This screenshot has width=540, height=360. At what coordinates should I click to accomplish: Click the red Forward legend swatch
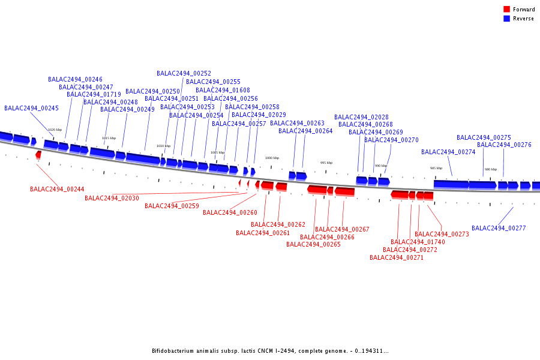(x=506, y=10)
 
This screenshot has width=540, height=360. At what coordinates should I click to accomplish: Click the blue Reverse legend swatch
(x=506, y=19)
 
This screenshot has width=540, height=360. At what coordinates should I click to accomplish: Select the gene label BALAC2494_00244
(x=57, y=189)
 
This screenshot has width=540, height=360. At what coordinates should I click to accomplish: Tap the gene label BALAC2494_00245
(x=31, y=109)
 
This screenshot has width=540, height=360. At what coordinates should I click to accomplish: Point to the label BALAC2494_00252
(x=184, y=73)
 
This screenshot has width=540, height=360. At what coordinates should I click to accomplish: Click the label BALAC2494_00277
(x=499, y=228)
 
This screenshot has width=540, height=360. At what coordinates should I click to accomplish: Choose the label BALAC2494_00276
(x=504, y=145)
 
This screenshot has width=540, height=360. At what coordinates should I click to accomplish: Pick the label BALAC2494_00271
(x=397, y=257)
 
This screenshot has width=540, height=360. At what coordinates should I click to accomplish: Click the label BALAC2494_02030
(x=112, y=198)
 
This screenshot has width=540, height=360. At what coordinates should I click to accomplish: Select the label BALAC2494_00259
(x=172, y=206)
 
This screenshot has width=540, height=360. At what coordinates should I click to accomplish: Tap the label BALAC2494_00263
(x=297, y=123)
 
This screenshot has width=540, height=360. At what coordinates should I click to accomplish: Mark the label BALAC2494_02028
(x=361, y=118)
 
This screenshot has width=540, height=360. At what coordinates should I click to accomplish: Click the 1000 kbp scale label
(x=272, y=158)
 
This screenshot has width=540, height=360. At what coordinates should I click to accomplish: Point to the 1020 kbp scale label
(x=55, y=130)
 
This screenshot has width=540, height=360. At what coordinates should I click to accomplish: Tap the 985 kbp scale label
(x=436, y=168)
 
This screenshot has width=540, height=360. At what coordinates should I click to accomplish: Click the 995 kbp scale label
(x=326, y=163)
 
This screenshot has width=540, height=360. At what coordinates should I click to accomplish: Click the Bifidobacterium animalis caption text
(x=270, y=351)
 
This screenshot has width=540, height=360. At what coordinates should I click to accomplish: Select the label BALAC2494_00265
(x=313, y=244)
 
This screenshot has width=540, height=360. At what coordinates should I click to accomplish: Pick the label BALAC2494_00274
(x=448, y=152)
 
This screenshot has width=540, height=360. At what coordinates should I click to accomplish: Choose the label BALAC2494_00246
(x=75, y=79)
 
